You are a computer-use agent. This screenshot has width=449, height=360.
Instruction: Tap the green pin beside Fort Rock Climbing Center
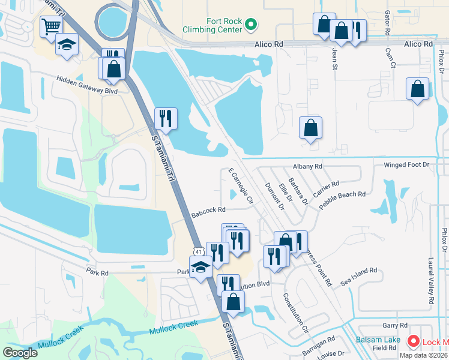click(x=252, y=25)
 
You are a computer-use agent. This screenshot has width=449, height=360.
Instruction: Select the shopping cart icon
click(x=52, y=26)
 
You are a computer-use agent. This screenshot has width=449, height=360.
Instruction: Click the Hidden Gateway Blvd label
click(x=87, y=85)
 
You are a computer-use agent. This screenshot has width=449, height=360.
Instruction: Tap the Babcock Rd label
click(x=208, y=211)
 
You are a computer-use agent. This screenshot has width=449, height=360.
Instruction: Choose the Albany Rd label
click(x=308, y=166)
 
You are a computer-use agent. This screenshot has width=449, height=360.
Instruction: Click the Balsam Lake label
click(x=378, y=340)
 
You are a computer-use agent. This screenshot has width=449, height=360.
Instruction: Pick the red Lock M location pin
click(x=414, y=341)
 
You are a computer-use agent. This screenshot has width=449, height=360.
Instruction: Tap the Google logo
click(x=20, y=352)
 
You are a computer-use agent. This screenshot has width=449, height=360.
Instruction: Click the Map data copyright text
click(x=424, y=355)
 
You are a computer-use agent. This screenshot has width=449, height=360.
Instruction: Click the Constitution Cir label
click(x=295, y=314)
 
